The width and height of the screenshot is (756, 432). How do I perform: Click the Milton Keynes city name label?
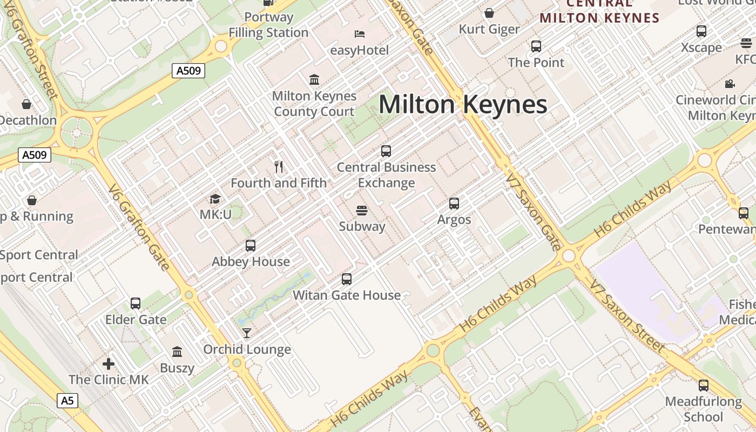tap(463, 104)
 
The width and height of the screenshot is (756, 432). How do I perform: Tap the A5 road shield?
tap(67, 401)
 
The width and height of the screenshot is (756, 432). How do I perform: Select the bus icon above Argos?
tap(454, 204)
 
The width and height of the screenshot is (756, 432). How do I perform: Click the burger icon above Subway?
tap(362, 210)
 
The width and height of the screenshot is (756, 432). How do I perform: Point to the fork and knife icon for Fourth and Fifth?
tap(279, 167)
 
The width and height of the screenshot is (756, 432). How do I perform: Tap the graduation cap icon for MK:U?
tap(215, 199)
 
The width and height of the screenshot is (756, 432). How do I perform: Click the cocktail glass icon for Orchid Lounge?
tap(247, 333)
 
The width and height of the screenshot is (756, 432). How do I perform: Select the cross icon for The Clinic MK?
tap(109, 363)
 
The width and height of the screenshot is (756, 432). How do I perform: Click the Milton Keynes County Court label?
tap(314, 104)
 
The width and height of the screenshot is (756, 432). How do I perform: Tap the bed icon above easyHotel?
tap(360, 34)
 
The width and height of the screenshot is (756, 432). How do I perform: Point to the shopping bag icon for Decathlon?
tap(26, 104)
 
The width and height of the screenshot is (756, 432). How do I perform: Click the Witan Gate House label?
tap(347, 295)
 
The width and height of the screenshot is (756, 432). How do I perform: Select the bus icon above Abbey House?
tap(251, 246)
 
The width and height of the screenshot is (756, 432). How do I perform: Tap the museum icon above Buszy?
tap(177, 352)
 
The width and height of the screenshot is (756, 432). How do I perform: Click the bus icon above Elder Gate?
tap(136, 303)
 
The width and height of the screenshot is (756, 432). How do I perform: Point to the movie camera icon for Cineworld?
tap(730, 84)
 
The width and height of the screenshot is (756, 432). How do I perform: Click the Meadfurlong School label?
tap(703, 409)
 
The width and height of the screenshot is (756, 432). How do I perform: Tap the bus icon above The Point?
tap(536, 46)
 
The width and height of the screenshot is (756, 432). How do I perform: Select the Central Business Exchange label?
tap(386, 175)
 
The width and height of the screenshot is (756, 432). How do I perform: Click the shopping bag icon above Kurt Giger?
tap(489, 13)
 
